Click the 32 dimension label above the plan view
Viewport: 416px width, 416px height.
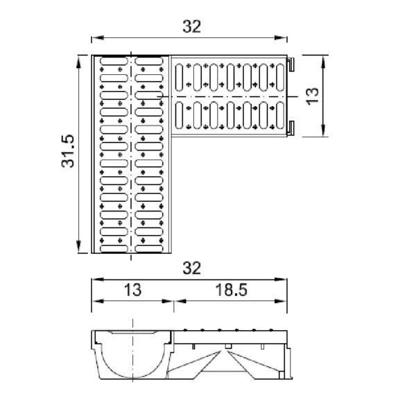pos(192,26)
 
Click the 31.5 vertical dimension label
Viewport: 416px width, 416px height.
pos(68,151)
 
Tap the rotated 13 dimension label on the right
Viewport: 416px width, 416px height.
pos(313,96)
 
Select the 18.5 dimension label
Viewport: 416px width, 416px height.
pos(232,290)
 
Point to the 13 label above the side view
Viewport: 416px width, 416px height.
pos(132,290)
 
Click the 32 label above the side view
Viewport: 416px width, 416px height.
pos(192,268)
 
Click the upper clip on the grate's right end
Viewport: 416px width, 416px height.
pos(291,64)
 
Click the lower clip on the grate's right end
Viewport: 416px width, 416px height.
pos(291,128)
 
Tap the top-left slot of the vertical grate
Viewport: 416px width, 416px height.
pos(114,61)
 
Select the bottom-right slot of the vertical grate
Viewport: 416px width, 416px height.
pos(149,249)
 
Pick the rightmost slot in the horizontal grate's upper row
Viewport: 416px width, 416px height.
pos(280,78)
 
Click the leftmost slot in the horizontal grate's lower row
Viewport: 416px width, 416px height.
pos(180,115)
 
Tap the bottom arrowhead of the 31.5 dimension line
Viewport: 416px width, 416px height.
pos(78,247)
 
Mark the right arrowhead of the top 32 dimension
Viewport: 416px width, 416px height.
pos(281,37)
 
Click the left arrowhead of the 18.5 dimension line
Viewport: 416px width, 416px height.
pos(180,301)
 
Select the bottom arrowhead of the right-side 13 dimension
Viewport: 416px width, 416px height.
pos(323,131)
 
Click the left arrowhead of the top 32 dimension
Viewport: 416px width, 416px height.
pos(98,37)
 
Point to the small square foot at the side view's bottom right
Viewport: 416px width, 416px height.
pos(281,375)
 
